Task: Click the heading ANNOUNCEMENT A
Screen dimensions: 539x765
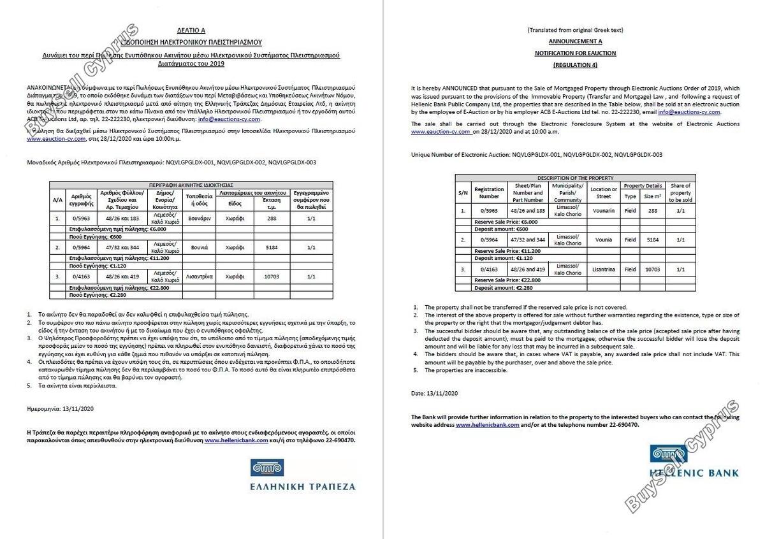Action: (x=575, y=41)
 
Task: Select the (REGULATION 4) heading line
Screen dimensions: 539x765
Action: (x=575, y=65)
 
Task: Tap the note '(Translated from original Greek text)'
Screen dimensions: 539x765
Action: (x=575, y=30)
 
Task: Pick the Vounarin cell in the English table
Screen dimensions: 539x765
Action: (x=603, y=210)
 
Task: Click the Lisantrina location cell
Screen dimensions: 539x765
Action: (x=603, y=269)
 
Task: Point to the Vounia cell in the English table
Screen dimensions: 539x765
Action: (x=603, y=240)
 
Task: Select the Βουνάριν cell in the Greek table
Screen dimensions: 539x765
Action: (x=199, y=218)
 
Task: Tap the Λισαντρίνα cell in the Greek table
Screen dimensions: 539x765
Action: (x=199, y=277)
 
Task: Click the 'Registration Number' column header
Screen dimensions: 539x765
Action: (x=489, y=192)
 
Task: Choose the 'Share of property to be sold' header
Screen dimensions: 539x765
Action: (x=680, y=192)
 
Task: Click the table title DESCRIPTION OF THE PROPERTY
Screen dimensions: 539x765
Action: (x=575, y=178)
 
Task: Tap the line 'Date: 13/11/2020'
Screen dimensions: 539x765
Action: (x=435, y=394)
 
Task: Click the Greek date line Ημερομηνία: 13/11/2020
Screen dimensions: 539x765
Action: (x=61, y=408)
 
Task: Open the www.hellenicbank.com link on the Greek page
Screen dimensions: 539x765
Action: (x=237, y=440)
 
